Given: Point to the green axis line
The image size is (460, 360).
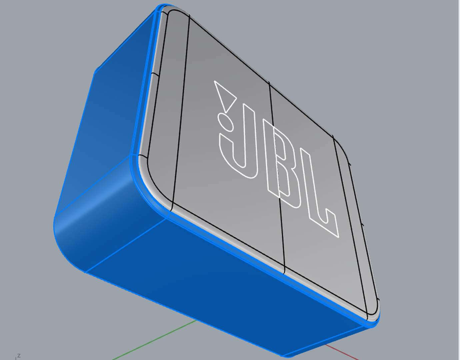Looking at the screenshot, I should pyautogui.click(x=153, y=340).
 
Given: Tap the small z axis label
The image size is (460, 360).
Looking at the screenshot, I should pyautogui.click(x=19, y=356).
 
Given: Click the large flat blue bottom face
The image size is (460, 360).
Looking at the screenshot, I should pyautogui.click(x=227, y=290).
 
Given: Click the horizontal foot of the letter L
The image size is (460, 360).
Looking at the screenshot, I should pyautogui.click(x=325, y=223).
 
